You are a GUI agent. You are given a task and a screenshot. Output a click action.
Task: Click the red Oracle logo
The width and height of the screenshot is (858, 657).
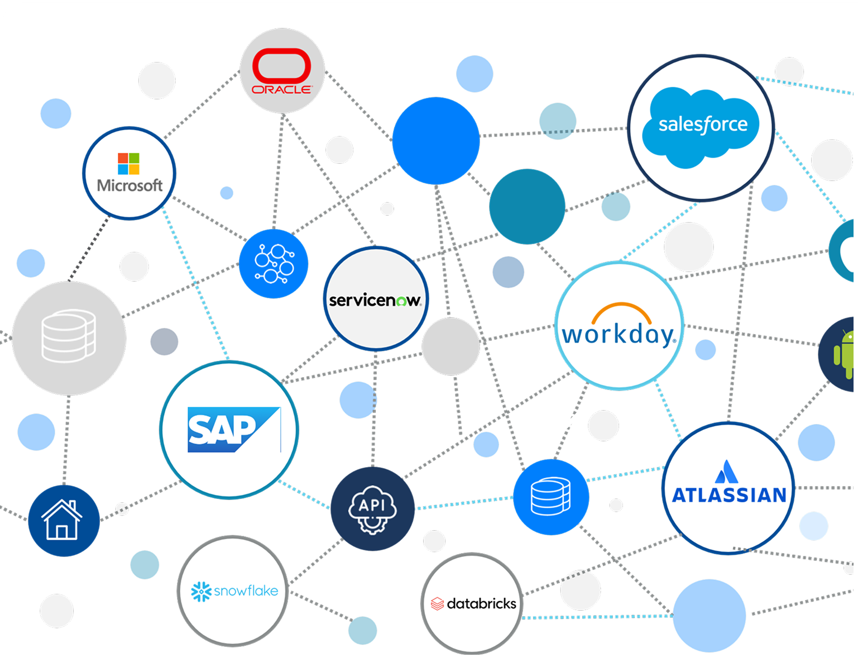tap(281, 71)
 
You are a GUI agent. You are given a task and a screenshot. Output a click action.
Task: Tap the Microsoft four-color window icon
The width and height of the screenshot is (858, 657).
tap(128, 164)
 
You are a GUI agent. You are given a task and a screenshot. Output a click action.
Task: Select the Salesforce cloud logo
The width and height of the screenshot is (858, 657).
tap(701, 127)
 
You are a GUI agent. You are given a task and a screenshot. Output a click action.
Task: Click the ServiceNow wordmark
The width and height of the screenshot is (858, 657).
tap(375, 301)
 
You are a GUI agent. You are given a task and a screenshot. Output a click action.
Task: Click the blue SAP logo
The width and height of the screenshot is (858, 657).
tap(234, 430)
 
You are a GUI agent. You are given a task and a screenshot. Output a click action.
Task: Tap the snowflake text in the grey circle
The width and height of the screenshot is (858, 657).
tap(246, 591)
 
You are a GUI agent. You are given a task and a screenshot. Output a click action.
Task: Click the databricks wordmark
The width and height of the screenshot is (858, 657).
tap(481, 604)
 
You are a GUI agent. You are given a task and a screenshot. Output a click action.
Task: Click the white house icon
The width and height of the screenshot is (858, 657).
tap(62, 520)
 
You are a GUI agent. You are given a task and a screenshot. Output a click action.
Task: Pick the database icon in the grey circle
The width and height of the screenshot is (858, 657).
tap(69, 336)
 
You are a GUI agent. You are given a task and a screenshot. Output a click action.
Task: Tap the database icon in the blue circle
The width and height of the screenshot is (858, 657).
tap(550, 496)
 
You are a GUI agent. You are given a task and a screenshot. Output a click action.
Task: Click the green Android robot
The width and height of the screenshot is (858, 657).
tap(844, 354)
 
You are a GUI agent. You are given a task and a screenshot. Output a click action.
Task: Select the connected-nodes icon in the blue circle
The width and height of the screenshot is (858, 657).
tap(274, 264)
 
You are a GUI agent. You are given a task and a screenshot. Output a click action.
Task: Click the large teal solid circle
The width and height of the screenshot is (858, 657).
tap(527, 207)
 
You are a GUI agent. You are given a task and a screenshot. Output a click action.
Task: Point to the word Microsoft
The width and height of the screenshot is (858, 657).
tap(130, 185)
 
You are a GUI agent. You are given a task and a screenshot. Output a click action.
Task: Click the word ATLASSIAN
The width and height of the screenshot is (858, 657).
tap(729, 495)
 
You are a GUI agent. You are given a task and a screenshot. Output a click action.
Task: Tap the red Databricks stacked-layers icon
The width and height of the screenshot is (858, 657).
tap(437, 604)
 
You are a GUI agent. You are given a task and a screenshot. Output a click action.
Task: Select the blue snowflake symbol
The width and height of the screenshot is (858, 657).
tap(201, 591)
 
